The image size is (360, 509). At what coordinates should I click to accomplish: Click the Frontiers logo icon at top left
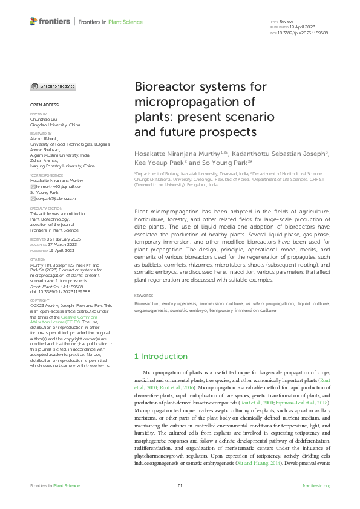(34, 22)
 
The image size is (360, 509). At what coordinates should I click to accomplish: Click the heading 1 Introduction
(161, 357)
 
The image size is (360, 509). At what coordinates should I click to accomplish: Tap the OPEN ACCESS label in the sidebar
(45, 105)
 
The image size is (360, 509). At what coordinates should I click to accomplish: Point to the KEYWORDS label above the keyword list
(144, 295)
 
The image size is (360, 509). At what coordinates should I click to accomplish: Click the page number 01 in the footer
(180, 485)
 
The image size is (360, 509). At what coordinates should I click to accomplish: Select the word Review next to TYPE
(287, 21)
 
